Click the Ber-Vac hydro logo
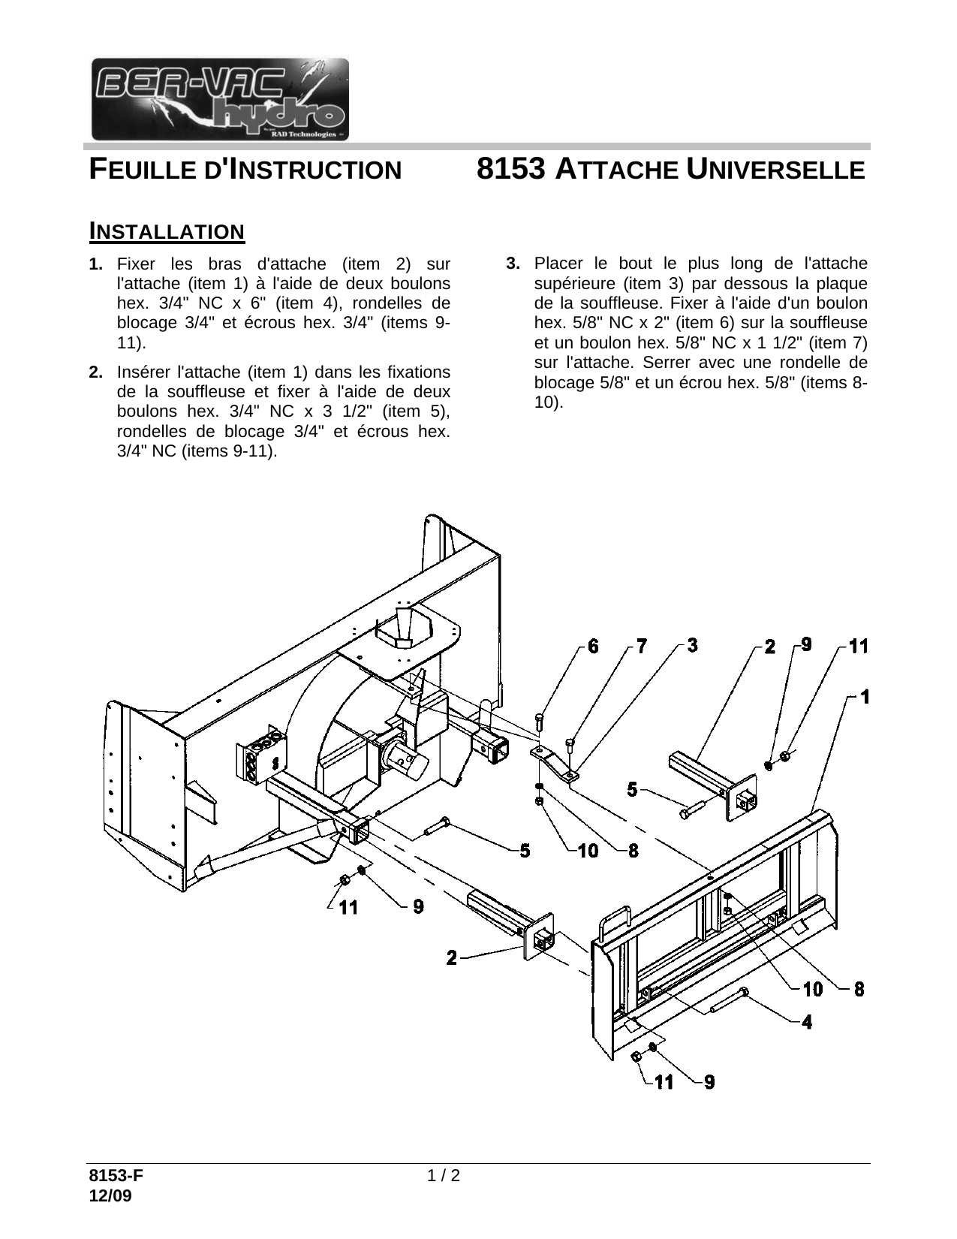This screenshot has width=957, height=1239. (220, 98)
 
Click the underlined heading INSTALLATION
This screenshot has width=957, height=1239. (167, 231)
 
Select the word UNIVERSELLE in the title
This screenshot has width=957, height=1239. (775, 170)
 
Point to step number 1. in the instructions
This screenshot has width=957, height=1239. (96, 264)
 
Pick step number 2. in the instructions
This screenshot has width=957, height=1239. (96, 372)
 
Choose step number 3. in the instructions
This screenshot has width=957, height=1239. (513, 264)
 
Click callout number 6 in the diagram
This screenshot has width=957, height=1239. (593, 645)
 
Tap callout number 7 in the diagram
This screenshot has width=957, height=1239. (641, 645)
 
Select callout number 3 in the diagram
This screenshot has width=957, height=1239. (691, 644)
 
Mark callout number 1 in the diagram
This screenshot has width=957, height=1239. (864, 696)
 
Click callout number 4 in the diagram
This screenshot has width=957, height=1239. (806, 1021)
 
